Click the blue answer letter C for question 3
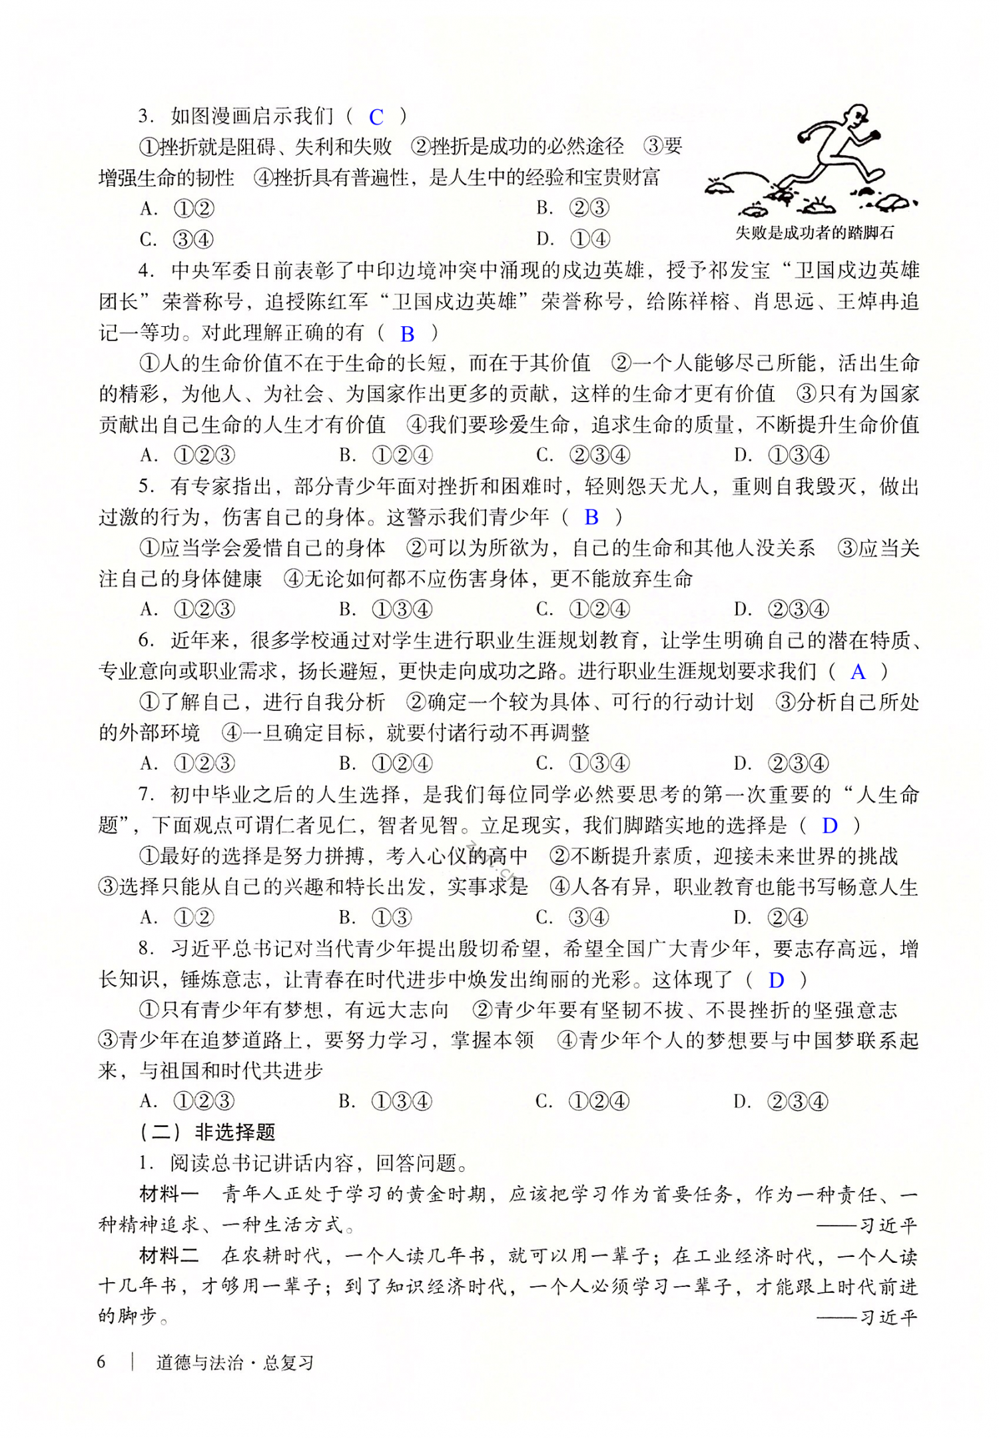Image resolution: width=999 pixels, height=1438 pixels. click(376, 117)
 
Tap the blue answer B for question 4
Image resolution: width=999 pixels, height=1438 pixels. click(408, 334)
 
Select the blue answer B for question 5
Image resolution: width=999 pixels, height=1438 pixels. click(591, 517)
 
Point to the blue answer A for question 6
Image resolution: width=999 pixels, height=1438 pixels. click(858, 672)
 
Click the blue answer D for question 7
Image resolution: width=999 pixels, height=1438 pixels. click(830, 826)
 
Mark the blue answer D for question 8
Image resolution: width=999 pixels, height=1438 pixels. click(777, 980)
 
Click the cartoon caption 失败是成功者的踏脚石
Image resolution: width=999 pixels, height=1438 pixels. click(814, 233)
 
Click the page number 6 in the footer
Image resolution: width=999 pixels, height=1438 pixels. click(101, 1362)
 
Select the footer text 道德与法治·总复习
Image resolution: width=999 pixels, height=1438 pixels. click(234, 1363)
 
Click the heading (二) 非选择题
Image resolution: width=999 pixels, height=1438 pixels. click(208, 1132)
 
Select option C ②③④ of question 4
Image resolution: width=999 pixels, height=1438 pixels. click(583, 455)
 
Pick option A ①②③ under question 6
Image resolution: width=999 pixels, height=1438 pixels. click(188, 764)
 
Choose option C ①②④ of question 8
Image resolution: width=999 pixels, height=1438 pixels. click(583, 1102)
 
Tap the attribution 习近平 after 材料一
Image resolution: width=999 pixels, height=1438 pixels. click(888, 1226)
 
